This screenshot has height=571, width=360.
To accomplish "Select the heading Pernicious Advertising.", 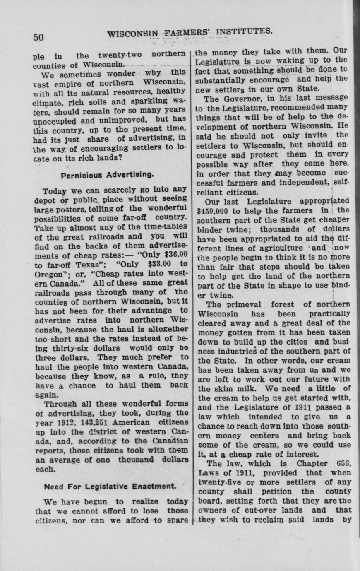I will click(x=107, y=175).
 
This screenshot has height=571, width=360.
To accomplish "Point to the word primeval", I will click(x=246, y=304).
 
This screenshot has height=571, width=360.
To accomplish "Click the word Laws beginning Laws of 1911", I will click(x=208, y=473).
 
